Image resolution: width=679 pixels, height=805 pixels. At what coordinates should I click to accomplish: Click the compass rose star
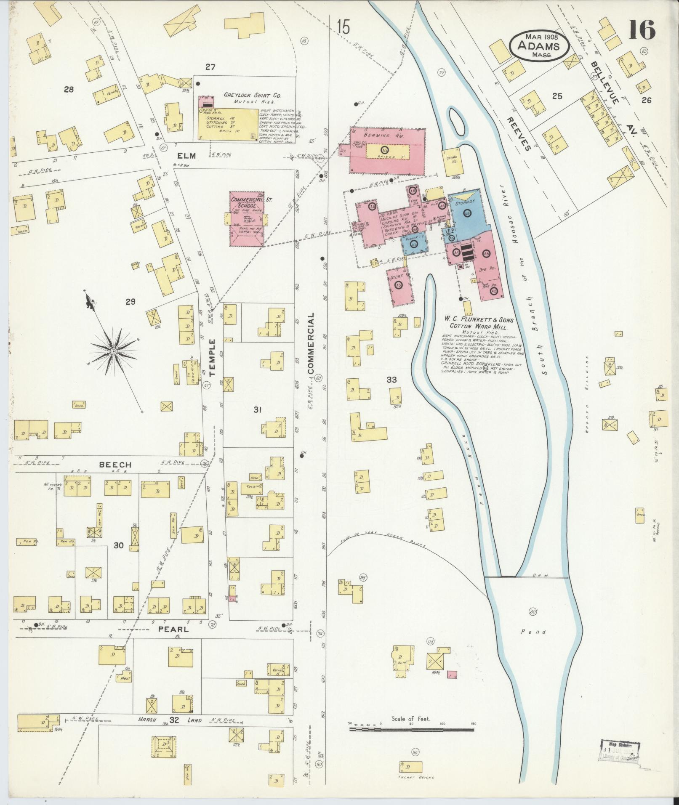pyautogui.click(x=113, y=351)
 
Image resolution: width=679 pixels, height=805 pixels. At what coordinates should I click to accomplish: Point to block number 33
pyautogui.click(x=392, y=380)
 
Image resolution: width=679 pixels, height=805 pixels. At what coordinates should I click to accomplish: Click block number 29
pyautogui.click(x=130, y=301)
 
